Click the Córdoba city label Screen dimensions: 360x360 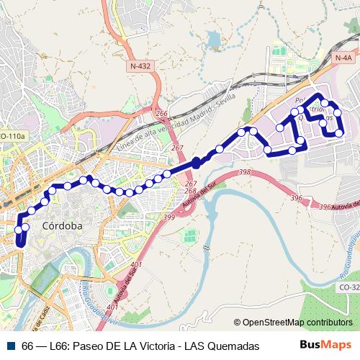(x=62, y=226)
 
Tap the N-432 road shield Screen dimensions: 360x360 (x=140, y=66)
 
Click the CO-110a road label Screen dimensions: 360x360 (x=12, y=135)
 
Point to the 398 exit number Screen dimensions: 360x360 (x=245, y=172)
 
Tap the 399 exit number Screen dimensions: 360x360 (x=170, y=217)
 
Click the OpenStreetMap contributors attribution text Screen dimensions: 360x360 (x=297, y=323)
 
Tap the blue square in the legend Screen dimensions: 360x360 (x=9, y=346)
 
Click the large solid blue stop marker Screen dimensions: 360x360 (x=196, y=163)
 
